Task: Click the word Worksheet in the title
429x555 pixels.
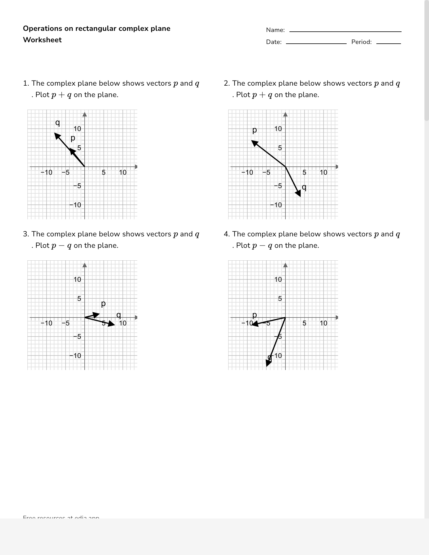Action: click(42, 40)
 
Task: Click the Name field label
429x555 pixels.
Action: click(275, 30)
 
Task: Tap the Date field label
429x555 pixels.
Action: click(274, 42)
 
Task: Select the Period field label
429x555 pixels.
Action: click(361, 42)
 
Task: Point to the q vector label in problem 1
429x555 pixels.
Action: click(57, 122)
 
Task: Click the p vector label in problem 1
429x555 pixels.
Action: click(73, 138)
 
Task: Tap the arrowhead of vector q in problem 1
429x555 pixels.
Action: click(57, 136)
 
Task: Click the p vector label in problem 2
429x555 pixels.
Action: click(255, 130)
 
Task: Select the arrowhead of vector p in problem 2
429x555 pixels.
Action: click(254, 142)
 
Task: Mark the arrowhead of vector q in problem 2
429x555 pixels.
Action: click(298, 194)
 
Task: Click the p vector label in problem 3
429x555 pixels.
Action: click(103, 303)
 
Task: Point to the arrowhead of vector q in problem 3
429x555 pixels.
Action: click(112, 324)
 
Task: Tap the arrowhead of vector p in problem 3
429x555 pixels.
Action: click(96, 315)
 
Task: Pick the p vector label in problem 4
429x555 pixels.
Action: click(255, 315)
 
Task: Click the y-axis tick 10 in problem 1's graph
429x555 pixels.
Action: click(78, 129)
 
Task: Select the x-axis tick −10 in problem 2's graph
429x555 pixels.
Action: click(247, 172)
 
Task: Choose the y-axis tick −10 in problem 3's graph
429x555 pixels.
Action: click(75, 356)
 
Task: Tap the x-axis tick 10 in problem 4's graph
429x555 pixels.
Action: click(323, 323)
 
